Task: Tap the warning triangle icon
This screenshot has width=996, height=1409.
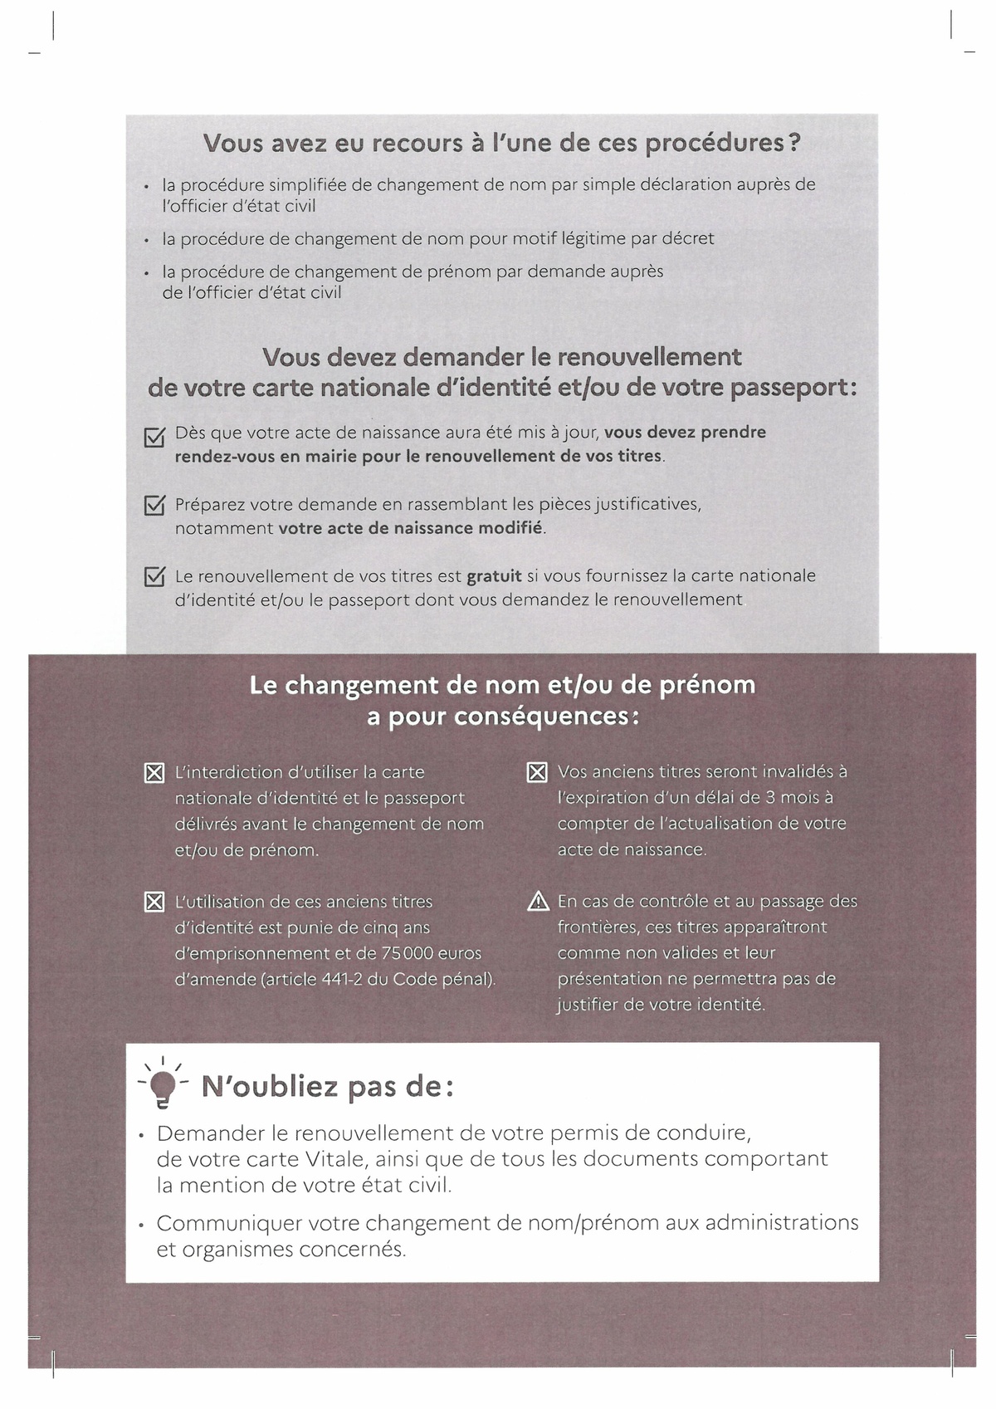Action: (x=538, y=902)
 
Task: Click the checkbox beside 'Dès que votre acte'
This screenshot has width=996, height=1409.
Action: (x=154, y=437)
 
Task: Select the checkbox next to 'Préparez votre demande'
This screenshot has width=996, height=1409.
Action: (x=154, y=505)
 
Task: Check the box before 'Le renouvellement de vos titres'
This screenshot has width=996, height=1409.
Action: (x=154, y=576)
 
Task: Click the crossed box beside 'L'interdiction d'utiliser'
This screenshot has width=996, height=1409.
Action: (x=154, y=774)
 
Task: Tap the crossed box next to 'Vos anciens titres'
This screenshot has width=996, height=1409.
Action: (x=537, y=773)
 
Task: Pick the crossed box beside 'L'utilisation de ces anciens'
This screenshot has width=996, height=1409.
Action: (x=154, y=903)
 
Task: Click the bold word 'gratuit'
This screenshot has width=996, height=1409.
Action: (x=495, y=575)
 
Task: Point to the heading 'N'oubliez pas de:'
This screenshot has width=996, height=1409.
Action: (x=328, y=1087)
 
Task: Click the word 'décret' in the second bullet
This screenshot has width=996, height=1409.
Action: (x=686, y=238)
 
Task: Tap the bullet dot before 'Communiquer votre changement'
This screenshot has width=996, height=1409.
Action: (x=142, y=1225)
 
